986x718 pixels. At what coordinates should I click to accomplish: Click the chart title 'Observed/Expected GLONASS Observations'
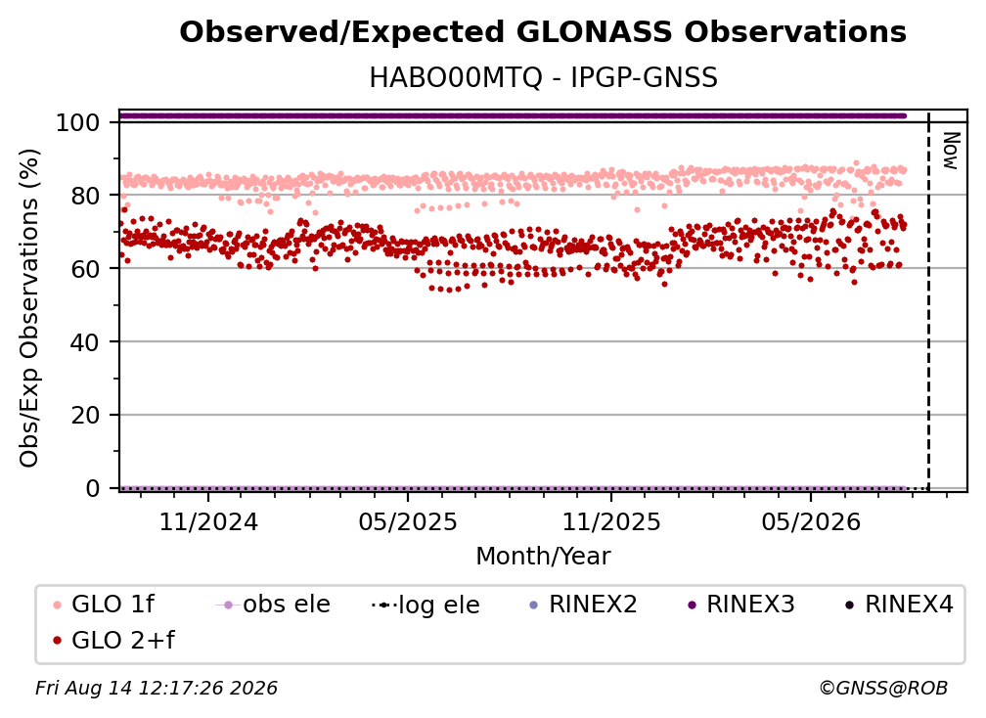[x=543, y=32]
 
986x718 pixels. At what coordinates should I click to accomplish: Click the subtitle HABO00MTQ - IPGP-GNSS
[x=543, y=78]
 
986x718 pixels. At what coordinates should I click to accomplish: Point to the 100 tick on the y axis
[x=78, y=122]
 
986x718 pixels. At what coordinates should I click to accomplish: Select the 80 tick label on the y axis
[x=85, y=196]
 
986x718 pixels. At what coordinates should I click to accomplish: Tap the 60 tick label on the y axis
[x=85, y=269]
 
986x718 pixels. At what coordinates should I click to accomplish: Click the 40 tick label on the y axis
[x=85, y=342]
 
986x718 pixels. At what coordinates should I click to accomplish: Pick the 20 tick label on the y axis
[x=85, y=416]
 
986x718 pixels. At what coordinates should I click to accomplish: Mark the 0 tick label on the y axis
[x=93, y=488]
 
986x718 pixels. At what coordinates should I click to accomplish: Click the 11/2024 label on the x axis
[x=208, y=522]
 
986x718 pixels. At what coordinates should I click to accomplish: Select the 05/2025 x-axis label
[x=408, y=522]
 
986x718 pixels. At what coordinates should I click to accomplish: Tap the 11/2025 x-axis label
[x=611, y=522]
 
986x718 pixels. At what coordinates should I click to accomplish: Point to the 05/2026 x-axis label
[x=811, y=522]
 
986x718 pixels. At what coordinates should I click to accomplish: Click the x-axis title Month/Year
[x=543, y=557]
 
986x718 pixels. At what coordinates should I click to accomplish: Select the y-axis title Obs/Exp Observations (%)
[x=29, y=308]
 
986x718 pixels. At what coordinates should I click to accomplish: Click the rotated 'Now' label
[x=951, y=151]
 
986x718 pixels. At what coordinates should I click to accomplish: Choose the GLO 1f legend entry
[x=104, y=605]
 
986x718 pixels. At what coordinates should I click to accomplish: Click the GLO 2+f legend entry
[x=113, y=641]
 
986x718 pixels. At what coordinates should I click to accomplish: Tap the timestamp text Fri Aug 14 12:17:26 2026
[x=156, y=689]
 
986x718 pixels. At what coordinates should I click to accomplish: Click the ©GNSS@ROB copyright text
[x=883, y=689]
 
